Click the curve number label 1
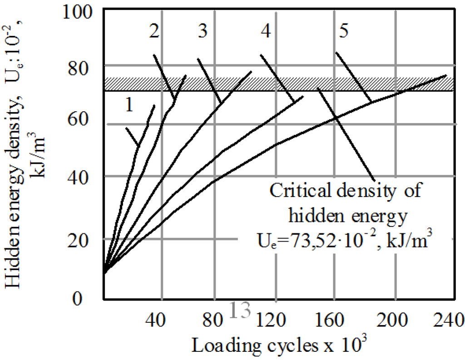(x=129, y=105)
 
